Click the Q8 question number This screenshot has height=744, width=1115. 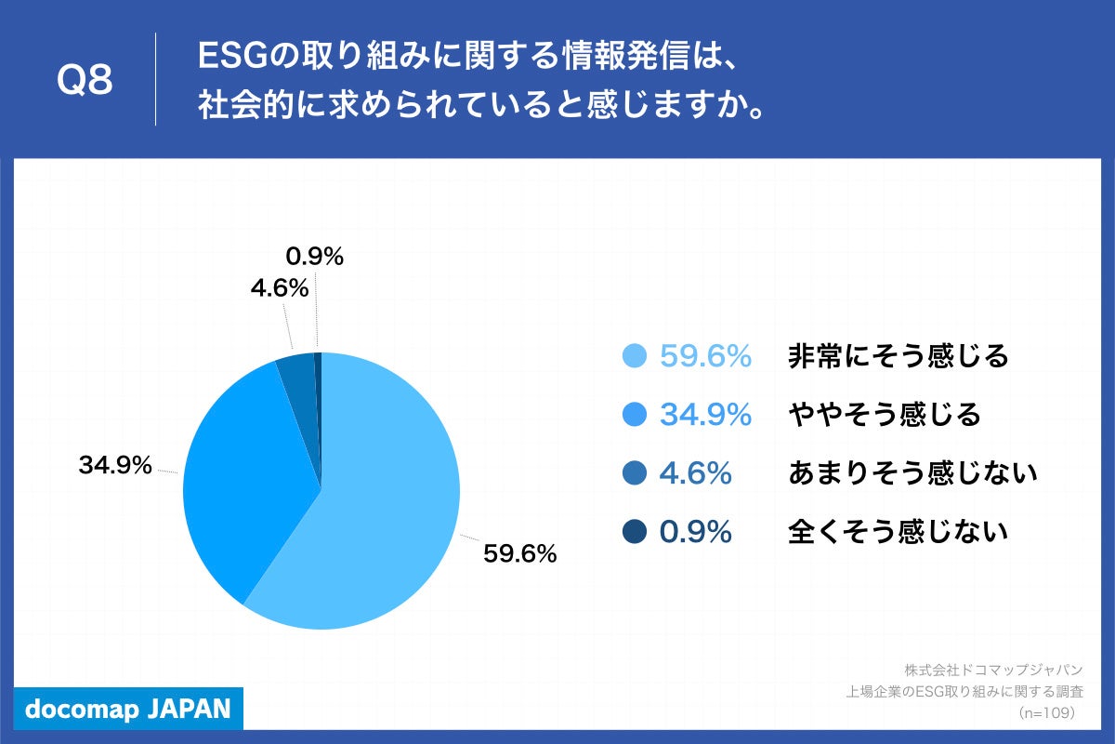(85, 81)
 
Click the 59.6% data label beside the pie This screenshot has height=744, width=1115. (519, 554)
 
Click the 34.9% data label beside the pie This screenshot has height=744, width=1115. (115, 466)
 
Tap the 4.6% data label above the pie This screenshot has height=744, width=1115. (279, 288)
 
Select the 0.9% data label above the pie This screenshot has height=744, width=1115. (314, 257)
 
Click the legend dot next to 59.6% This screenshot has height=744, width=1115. (634, 356)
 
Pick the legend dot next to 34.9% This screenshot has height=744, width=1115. (634, 415)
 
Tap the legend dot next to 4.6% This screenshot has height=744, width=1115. (634, 473)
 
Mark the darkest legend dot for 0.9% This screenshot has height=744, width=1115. (634, 532)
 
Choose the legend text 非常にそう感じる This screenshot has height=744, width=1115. (898, 356)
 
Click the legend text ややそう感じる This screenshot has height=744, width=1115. (884, 415)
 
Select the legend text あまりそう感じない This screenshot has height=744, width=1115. (912, 473)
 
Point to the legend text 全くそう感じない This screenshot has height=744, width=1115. (898, 532)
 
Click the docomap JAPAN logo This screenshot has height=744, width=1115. (127, 709)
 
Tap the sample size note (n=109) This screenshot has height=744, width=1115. (1046, 712)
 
